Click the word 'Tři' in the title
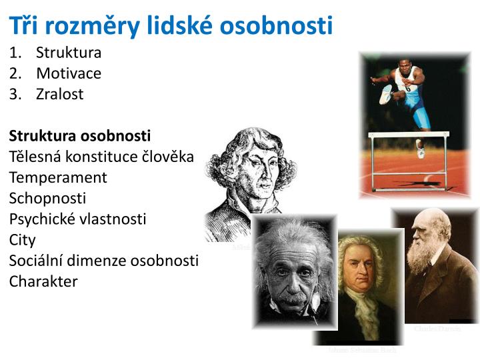coord(24,25)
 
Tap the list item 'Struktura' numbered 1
coord(69,52)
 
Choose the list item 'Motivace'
coord(69,73)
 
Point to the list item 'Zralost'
coord(60,94)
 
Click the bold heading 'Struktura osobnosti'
coord(80,136)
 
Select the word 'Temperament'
coord(58,177)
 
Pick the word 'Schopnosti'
coord(47,198)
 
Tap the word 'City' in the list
coord(22,239)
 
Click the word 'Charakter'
coord(43,281)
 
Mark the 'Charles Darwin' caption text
coord(437,329)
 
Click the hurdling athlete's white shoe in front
coord(385,94)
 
